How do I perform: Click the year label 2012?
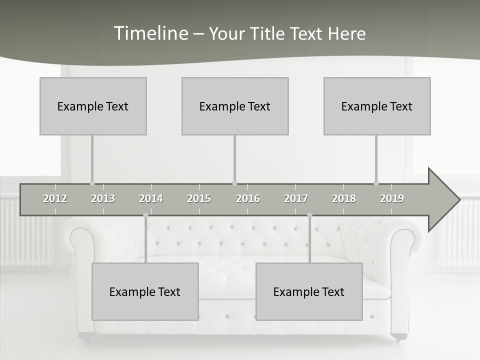pos(55,198)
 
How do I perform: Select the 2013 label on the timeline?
pos(103,198)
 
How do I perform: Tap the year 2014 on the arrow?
pos(151,198)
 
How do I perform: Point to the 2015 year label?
pos(199,198)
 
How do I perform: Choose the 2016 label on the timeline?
pos(248,198)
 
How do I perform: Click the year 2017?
pos(296,198)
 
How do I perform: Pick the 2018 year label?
pos(344,198)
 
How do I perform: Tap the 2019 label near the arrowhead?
pos(392,198)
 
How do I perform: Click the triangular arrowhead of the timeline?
pos(443,199)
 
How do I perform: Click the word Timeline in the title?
pos(150,33)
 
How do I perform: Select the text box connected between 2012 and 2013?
pos(93,106)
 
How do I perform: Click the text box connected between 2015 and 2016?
pos(235,106)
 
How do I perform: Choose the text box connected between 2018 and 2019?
pos(377,106)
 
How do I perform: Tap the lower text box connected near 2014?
pos(145,291)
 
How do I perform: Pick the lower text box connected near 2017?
pos(309,291)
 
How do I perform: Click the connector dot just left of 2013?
pos(92,183)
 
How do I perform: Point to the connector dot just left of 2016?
pos(235,183)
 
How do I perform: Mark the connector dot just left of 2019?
pos(376,183)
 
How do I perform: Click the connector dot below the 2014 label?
pos(145,215)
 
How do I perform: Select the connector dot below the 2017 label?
pos(309,215)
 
